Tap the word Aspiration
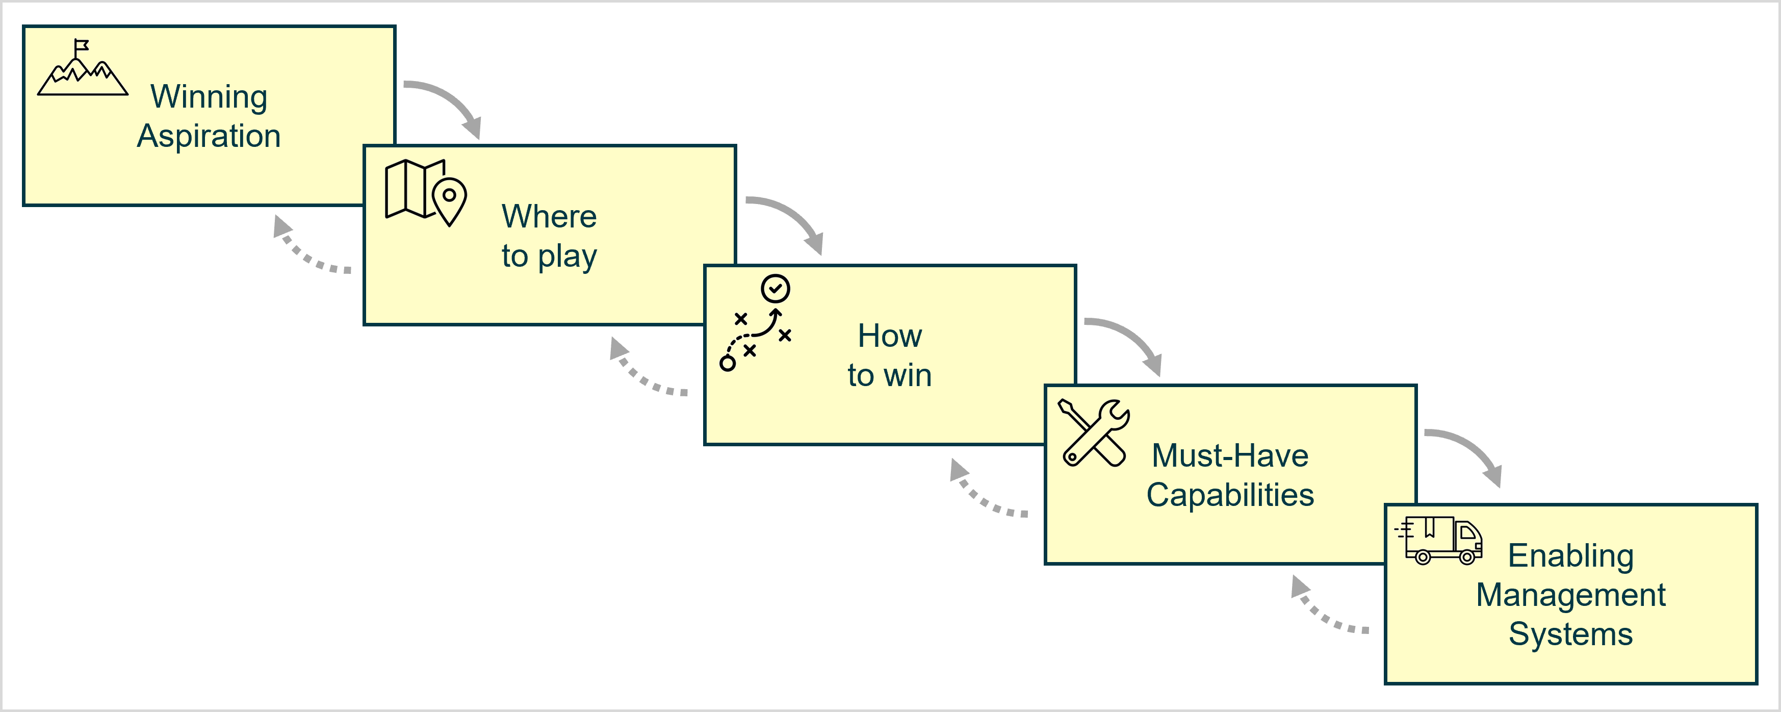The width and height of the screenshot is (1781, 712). tap(209, 136)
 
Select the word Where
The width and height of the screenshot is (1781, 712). tap(549, 216)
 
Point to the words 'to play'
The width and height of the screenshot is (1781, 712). tap(549, 256)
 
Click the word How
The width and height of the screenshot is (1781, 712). tap(890, 336)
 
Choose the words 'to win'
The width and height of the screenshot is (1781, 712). tap(890, 375)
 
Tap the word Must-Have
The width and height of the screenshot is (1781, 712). tap(1230, 455)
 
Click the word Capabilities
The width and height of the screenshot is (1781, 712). tap(1230, 495)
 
